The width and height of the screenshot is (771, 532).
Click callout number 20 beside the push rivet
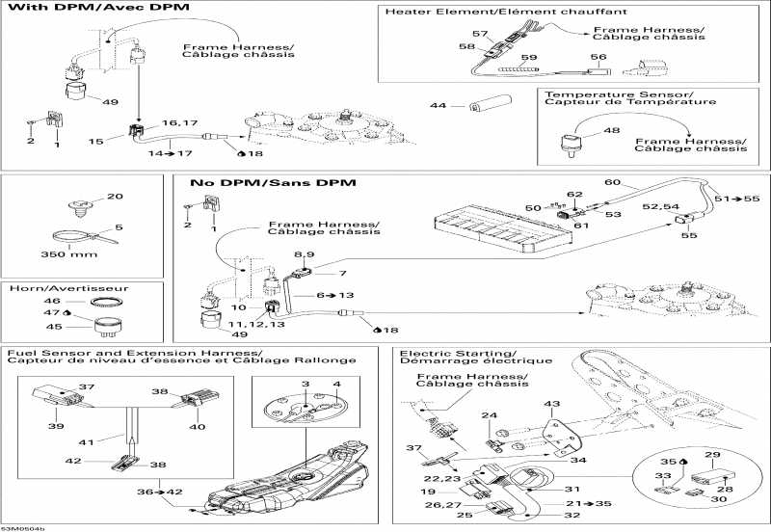pos(115,197)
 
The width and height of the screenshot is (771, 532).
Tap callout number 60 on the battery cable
pos(612,182)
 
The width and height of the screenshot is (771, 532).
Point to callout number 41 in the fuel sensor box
pos(86,442)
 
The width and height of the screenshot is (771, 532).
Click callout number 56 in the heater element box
pos(598,57)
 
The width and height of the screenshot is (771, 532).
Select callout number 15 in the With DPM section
pos(94,142)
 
